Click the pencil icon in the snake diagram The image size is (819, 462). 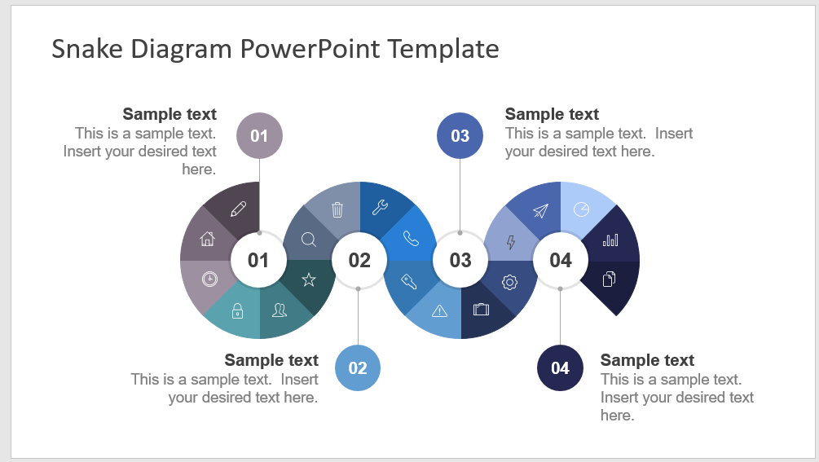pos(238,209)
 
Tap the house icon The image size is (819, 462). pos(207,239)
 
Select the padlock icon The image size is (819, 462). pos(238,310)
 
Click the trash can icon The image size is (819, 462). pos(337,209)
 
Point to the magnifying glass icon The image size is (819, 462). pos(309,240)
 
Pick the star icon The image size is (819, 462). pos(309,279)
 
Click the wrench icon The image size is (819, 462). pos(380,207)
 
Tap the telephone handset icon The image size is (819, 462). pos(411,239)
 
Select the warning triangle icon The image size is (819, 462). pos(440,311)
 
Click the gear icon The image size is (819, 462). pos(509,282)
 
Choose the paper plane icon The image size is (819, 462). pos(540,210)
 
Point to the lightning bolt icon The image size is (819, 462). pos(511,242)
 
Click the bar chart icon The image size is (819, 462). pos(610,240)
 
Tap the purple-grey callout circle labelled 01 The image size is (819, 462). pos(260,136)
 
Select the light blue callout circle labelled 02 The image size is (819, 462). pos(358,368)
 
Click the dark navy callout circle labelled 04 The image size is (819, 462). pos(560,368)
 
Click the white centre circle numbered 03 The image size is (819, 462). pos(460,260)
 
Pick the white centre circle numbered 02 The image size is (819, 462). pos(359,260)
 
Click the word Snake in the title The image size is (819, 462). pos(87,49)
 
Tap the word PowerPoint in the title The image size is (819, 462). pos(310,49)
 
